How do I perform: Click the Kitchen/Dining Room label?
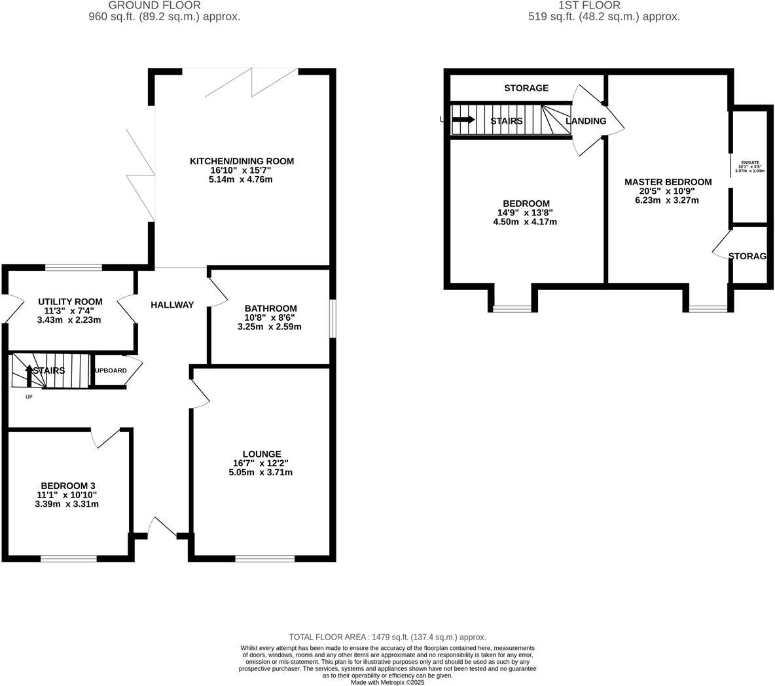tap(242, 161)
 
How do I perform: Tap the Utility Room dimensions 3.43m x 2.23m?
tap(69, 320)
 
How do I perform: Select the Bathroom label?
tap(270, 308)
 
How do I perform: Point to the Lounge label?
tap(261, 454)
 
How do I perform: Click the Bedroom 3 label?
tap(68, 485)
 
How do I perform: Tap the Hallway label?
tap(172, 304)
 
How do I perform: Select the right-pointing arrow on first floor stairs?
tap(463, 120)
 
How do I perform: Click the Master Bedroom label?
tap(668, 182)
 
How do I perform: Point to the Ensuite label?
tap(750, 162)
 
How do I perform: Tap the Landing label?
tap(586, 121)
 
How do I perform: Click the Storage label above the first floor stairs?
tap(526, 88)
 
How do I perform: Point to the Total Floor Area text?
tap(387, 636)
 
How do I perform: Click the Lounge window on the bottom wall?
tap(264, 558)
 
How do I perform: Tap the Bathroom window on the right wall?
tap(333, 319)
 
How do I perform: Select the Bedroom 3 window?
tap(68, 558)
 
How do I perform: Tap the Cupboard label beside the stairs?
tap(110, 370)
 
